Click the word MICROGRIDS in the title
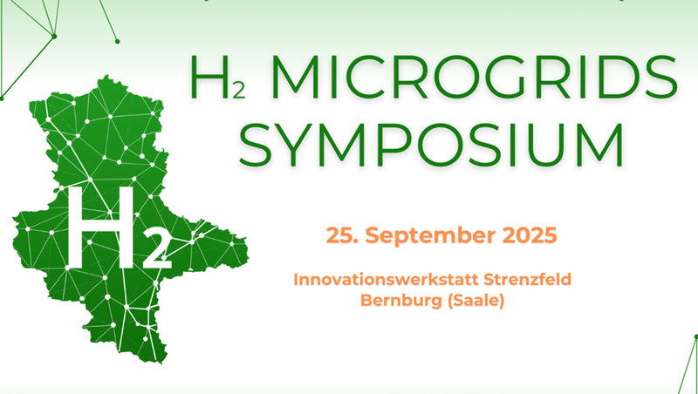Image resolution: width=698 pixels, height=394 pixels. point(474,77)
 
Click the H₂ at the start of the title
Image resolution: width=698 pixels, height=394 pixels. point(217,78)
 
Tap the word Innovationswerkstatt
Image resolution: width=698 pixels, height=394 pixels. point(385,280)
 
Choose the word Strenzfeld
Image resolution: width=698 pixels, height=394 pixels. point(528,280)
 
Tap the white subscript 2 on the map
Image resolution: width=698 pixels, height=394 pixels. point(157,252)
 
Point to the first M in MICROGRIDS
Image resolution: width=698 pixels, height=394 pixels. point(295,78)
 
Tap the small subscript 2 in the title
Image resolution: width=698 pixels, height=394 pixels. point(238,92)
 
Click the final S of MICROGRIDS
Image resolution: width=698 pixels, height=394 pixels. point(660,78)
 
